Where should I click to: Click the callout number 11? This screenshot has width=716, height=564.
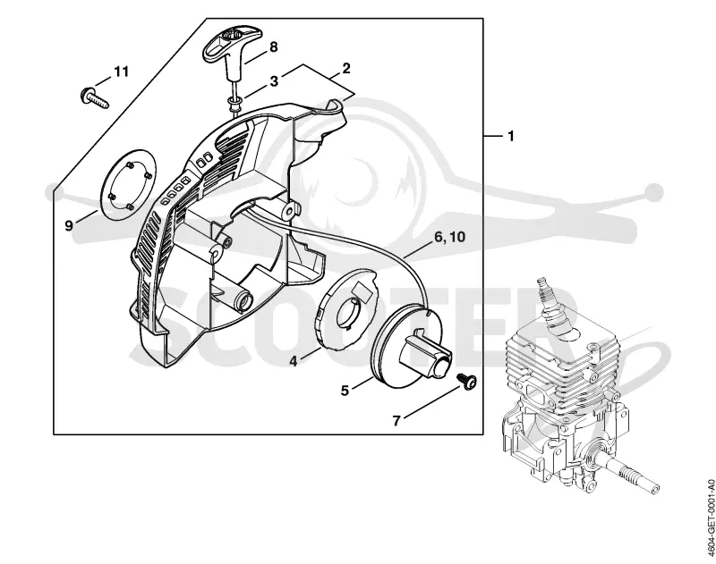(x=121, y=72)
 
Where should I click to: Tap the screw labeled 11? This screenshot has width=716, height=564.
(x=95, y=97)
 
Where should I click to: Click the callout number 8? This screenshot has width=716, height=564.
(x=274, y=47)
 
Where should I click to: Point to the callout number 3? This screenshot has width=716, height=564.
(x=274, y=81)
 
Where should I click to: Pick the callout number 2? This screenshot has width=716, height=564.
(x=346, y=69)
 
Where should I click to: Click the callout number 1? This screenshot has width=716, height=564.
(x=511, y=136)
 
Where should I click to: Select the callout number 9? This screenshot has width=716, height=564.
(x=69, y=225)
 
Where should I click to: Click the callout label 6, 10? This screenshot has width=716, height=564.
(x=449, y=237)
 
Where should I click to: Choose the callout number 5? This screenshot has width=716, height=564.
(x=345, y=391)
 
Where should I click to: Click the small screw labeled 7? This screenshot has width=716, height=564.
(x=465, y=380)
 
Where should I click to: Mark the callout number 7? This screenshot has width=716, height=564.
(x=396, y=420)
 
